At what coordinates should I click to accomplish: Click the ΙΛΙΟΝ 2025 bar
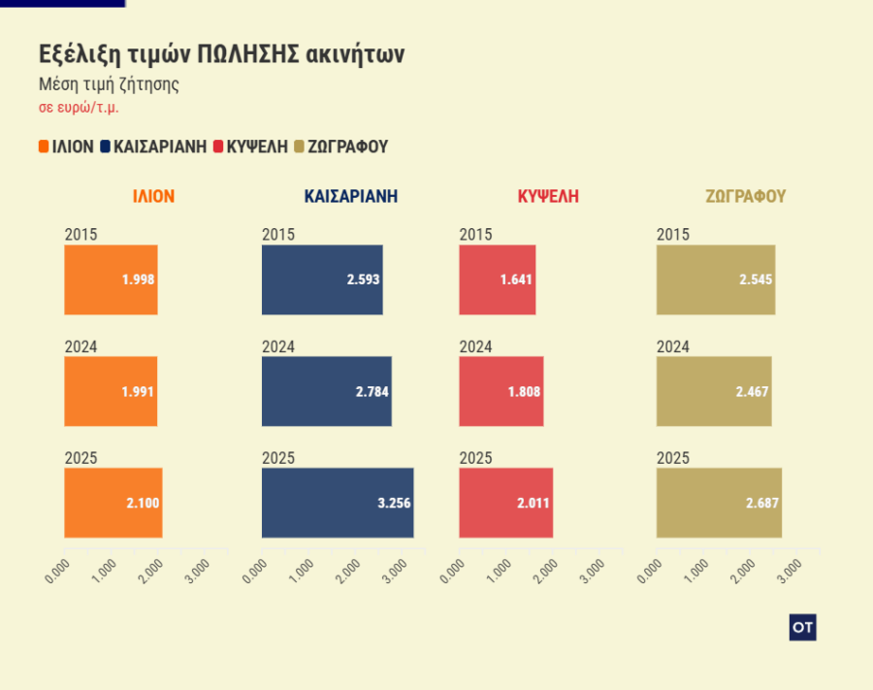113,503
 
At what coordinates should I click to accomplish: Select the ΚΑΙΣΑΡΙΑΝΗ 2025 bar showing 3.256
338,503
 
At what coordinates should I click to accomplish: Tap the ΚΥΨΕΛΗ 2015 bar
497,279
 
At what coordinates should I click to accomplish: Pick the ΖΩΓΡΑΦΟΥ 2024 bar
713,391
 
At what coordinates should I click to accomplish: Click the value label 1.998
138,279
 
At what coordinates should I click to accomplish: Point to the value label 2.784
372,392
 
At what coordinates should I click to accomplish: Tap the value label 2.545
756,279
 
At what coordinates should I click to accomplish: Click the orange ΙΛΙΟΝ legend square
44,147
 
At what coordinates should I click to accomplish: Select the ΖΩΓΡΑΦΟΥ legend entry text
347,147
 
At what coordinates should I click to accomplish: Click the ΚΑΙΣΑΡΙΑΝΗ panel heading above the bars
350,196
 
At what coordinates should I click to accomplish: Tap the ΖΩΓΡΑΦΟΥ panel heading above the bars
745,196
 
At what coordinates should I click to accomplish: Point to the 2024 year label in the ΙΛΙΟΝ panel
81,346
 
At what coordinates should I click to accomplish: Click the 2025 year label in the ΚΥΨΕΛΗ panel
475,458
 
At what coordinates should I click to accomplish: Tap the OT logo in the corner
802,628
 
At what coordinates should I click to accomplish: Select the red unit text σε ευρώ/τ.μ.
79,108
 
